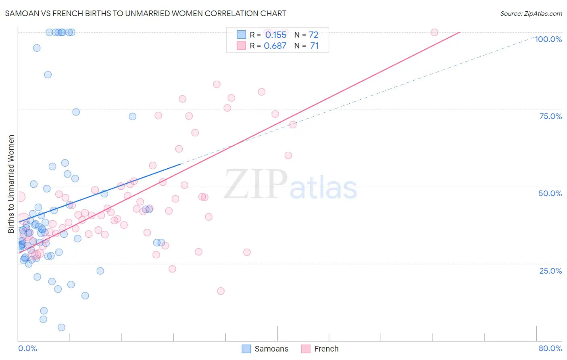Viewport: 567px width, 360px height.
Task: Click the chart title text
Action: pos(146,13)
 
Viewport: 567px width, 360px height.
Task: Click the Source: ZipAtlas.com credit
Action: pos(531,13)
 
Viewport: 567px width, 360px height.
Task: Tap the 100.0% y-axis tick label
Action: pos(548,39)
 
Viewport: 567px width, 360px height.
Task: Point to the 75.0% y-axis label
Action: pos(550,116)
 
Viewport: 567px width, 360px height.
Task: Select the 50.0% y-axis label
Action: pos(550,193)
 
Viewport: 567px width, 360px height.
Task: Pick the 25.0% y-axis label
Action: pos(550,270)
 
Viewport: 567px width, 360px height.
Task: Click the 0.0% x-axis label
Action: pos(27,348)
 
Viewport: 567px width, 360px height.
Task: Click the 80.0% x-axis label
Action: pos(550,348)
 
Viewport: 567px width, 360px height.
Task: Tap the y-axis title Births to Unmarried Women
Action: pos(11,184)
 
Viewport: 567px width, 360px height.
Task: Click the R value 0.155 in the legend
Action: pos(276,35)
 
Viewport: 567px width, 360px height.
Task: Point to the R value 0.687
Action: pos(275,46)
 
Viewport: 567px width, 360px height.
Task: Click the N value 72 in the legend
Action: pos(313,35)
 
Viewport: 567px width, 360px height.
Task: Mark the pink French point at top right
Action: pos(434,32)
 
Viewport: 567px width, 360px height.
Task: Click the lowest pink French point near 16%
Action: pos(221,291)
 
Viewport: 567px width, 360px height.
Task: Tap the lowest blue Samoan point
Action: pos(61,327)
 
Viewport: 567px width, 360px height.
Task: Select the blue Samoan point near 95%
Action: pos(37,48)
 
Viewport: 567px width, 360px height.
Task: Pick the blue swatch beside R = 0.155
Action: pos(241,35)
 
